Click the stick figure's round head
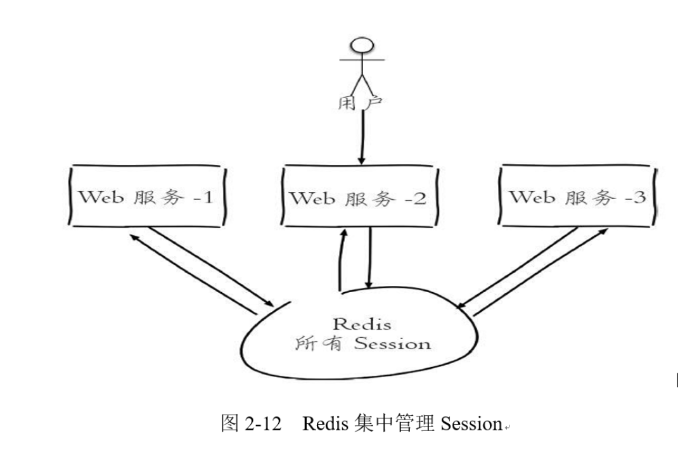click(x=362, y=46)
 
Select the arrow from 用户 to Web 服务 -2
click(x=361, y=136)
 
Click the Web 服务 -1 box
click(x=146, y=196)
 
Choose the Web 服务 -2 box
click(x=359, y=197)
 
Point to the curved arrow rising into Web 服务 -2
click(x=341, y=260)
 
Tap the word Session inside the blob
click(x=392, y=344)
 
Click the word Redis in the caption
click(x=324, y=423)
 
